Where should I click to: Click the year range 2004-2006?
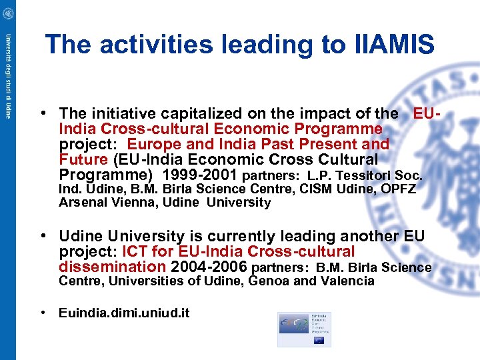pos(209,267)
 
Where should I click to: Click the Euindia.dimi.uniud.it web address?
pos(124,312)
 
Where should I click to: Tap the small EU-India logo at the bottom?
pos(304,329)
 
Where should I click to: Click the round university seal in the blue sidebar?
pos(7,13)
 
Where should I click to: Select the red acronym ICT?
pos(132,252)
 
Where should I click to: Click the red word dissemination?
pos(112,267)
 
